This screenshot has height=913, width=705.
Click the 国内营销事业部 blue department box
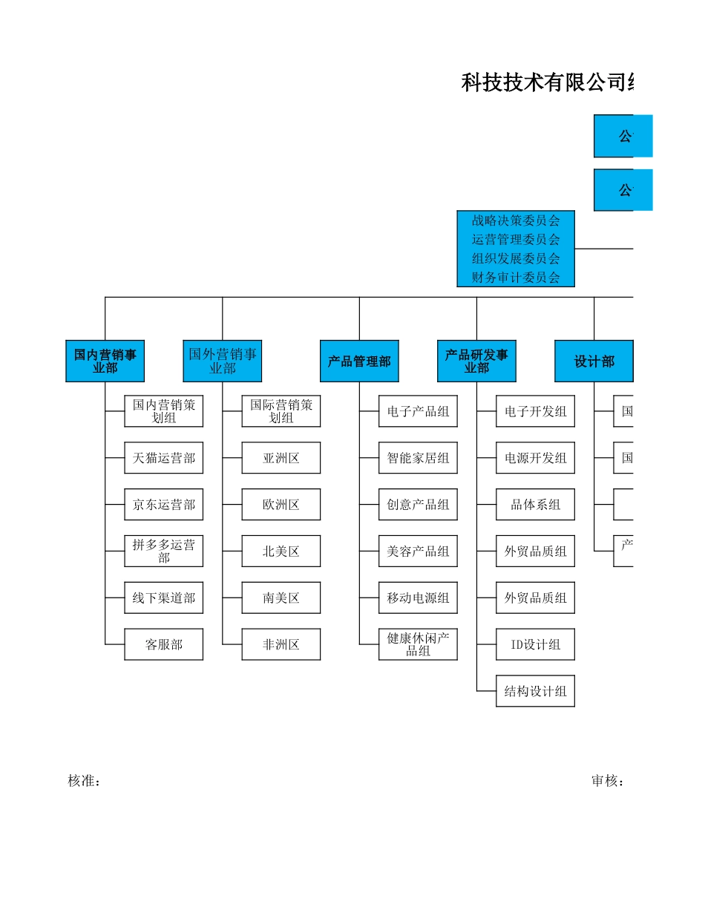(105, 361)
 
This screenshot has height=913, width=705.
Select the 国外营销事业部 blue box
(222, 361)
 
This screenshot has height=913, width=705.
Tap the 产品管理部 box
(359, 361)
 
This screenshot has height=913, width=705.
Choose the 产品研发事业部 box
(476, 361)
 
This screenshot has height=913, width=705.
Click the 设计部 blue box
(594, 361)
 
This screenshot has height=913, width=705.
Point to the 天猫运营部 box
(163, 458)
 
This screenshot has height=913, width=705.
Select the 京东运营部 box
(163, 505)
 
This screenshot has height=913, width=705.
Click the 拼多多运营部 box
(163, 552)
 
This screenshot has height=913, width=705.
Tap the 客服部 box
(163, 644)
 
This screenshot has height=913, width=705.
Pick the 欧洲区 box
(281, 505)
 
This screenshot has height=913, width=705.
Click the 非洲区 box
(281, 644)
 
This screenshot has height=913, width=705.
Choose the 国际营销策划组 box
(281, 411)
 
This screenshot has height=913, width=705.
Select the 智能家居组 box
(418, 458)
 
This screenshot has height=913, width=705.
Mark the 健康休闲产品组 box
(418, 644)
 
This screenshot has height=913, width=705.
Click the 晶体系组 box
(535, 505)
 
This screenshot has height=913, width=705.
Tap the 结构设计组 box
(535, 691)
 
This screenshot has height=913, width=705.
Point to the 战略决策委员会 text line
(516, 220)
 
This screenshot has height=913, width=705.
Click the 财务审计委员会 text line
(516, 278)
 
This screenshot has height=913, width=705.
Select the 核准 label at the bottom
(84, 781)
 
